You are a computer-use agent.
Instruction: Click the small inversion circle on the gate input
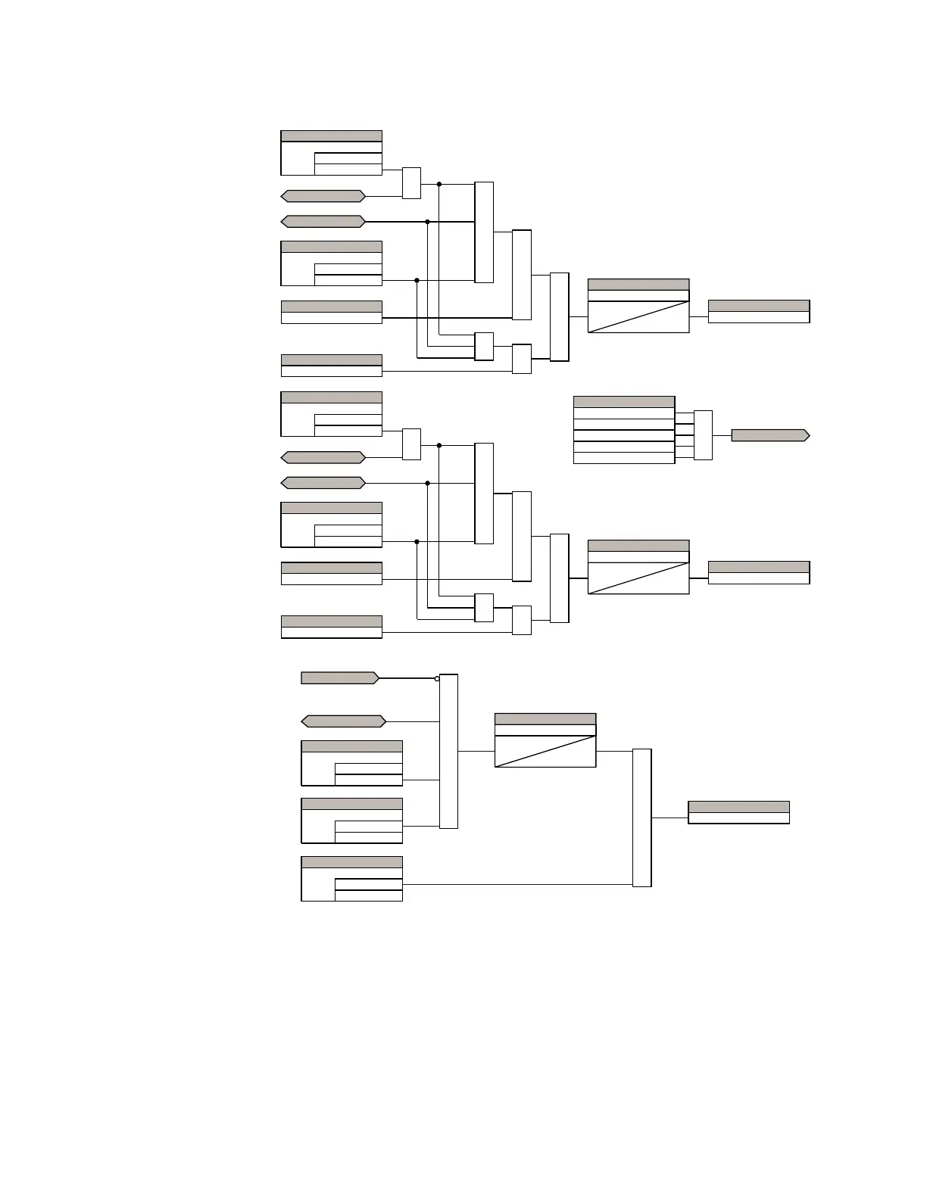437,678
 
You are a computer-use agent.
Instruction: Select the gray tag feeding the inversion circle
339,678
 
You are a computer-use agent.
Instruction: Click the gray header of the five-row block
624,402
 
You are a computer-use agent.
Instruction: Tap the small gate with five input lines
703,435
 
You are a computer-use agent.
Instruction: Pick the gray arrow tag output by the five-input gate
769,435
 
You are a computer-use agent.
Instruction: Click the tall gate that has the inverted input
448,751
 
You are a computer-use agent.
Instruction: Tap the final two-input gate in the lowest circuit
641,817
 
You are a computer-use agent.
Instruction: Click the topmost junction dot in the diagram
439,184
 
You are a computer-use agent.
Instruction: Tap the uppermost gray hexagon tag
323,196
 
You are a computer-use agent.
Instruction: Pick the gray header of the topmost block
331,136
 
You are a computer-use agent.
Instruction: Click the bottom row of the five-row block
624,458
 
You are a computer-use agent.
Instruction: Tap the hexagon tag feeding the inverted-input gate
344,721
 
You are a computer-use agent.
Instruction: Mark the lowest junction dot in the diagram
417,541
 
